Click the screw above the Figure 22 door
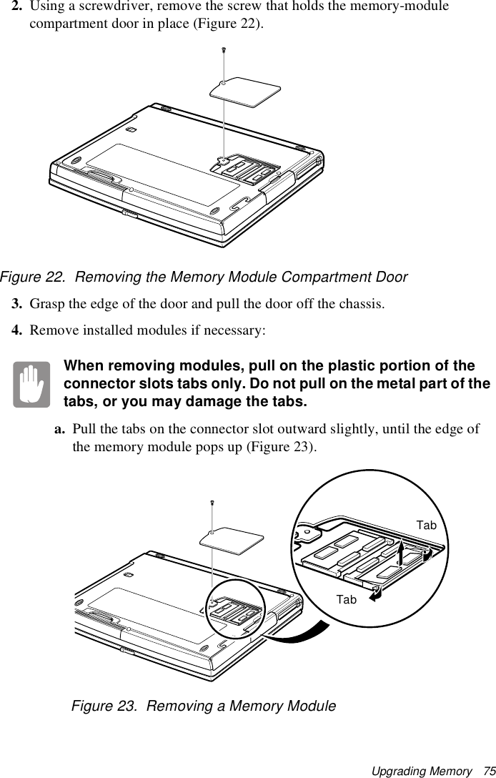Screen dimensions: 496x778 coord(224,49)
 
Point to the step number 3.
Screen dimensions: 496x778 coord(16,302)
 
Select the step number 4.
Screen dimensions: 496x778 coord(16,332)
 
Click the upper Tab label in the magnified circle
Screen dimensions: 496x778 coord(427,526)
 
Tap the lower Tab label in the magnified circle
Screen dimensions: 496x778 coord(346,599)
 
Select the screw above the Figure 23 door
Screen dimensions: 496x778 coord(213,503)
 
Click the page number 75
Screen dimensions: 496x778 coord(489,771)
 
